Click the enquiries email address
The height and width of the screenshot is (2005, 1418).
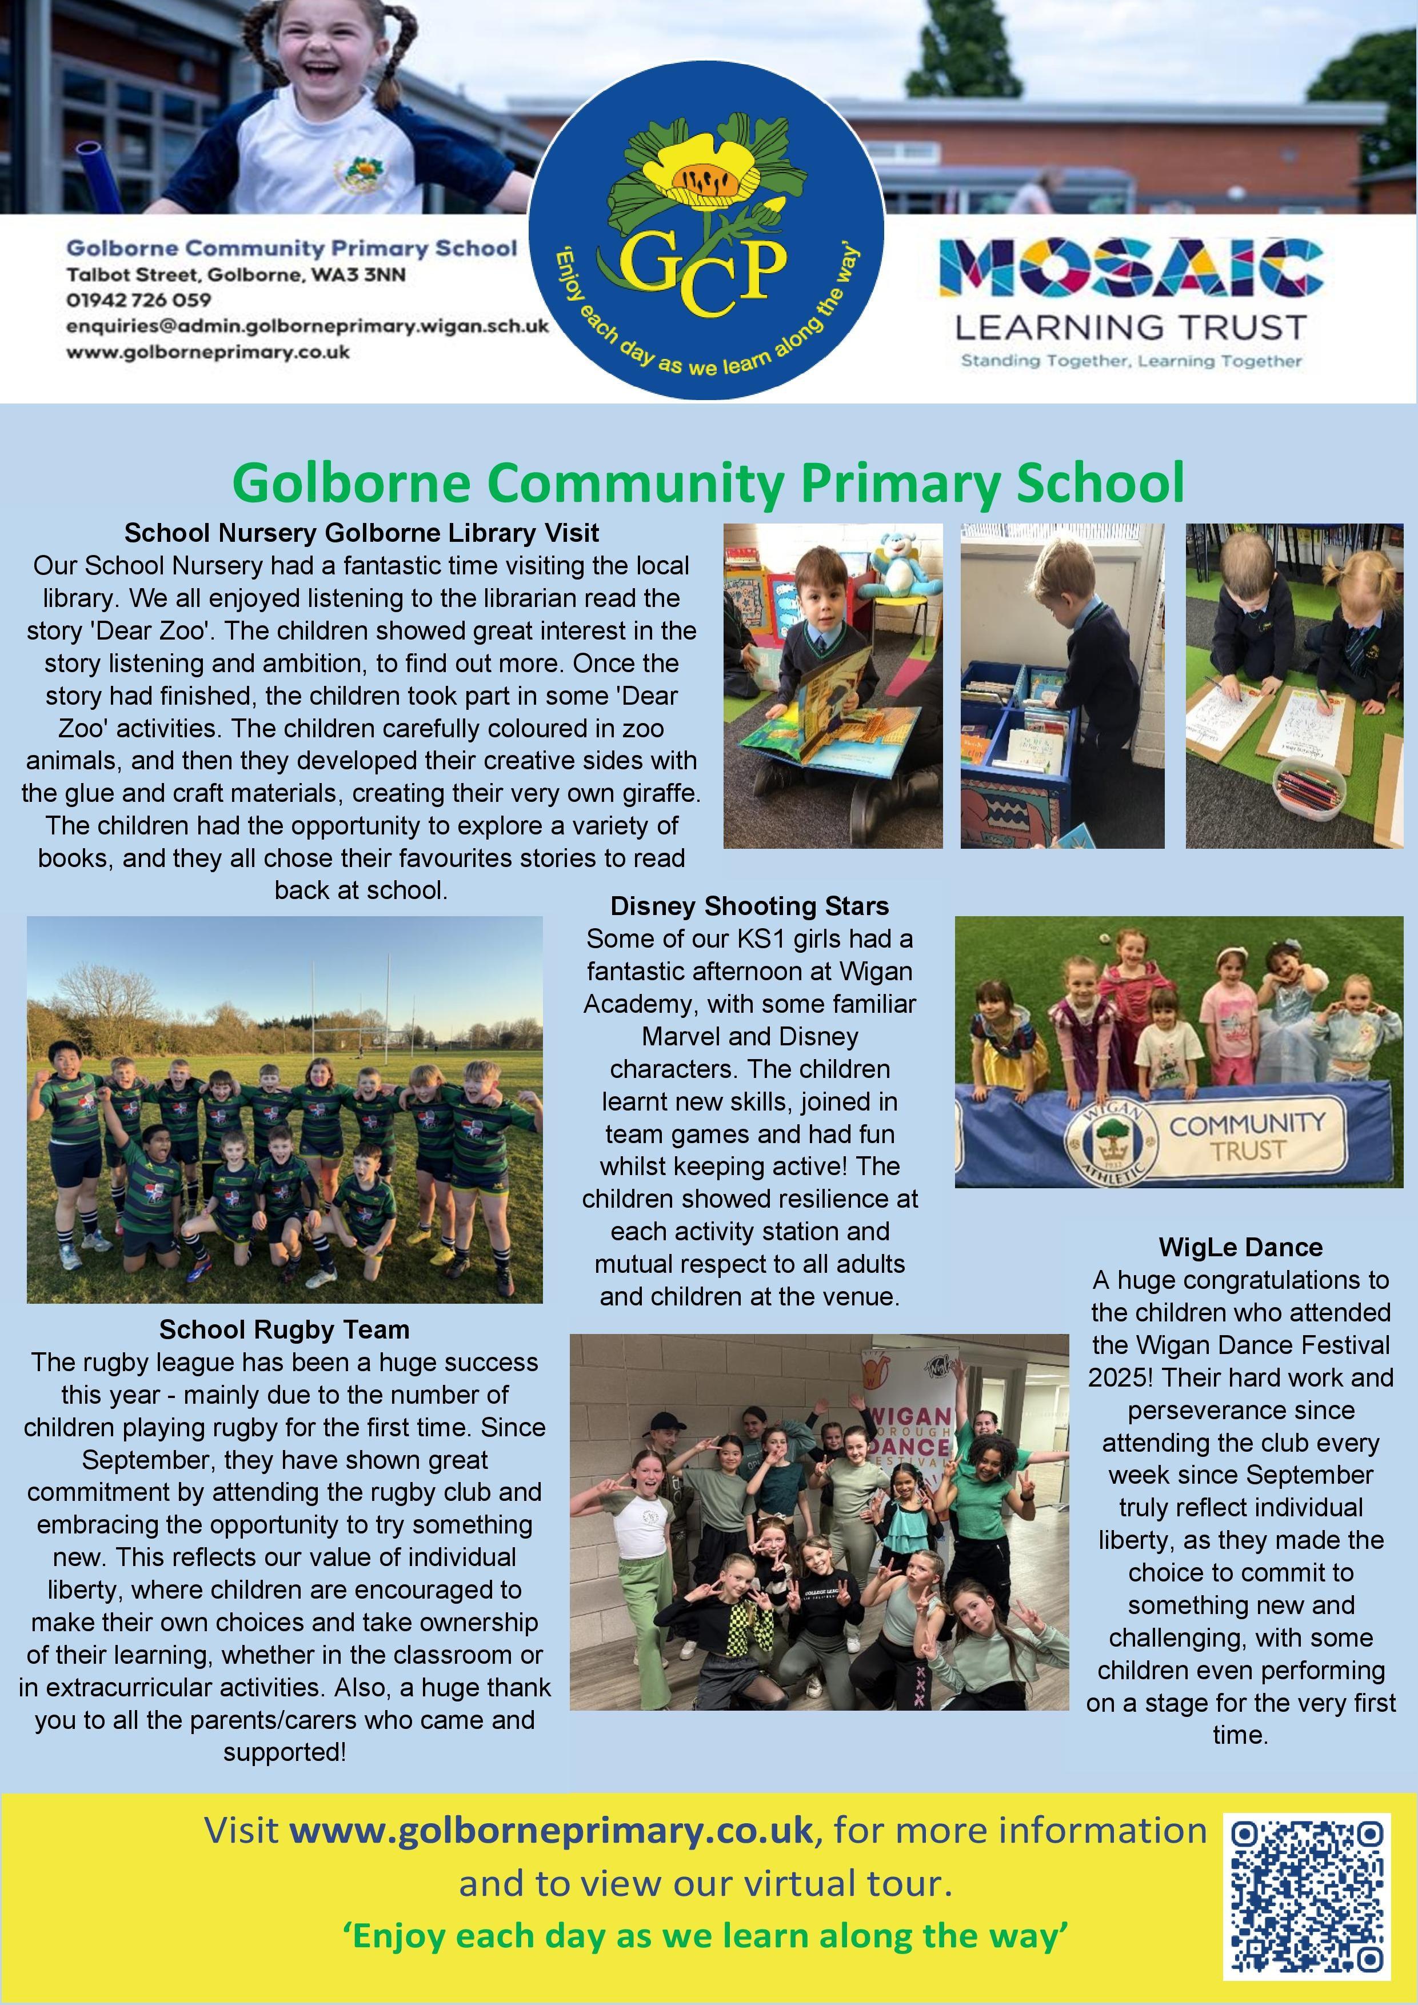click(307, 326)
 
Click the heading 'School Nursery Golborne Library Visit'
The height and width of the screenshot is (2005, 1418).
click(361, 533)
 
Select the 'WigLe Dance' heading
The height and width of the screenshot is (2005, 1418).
click(1241, 1247)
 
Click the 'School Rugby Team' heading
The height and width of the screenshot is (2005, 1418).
click(284, 1330)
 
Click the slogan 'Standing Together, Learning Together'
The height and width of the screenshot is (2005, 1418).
click(1131, 361)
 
